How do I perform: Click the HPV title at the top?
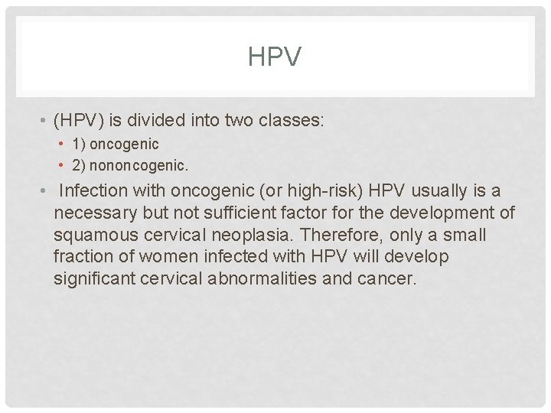coord(275,57)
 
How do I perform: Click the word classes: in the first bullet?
coord(290,120)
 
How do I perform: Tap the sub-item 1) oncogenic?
coord(116,145)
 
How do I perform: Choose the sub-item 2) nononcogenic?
coord(130,164)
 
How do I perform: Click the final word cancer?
coord(387,278)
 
